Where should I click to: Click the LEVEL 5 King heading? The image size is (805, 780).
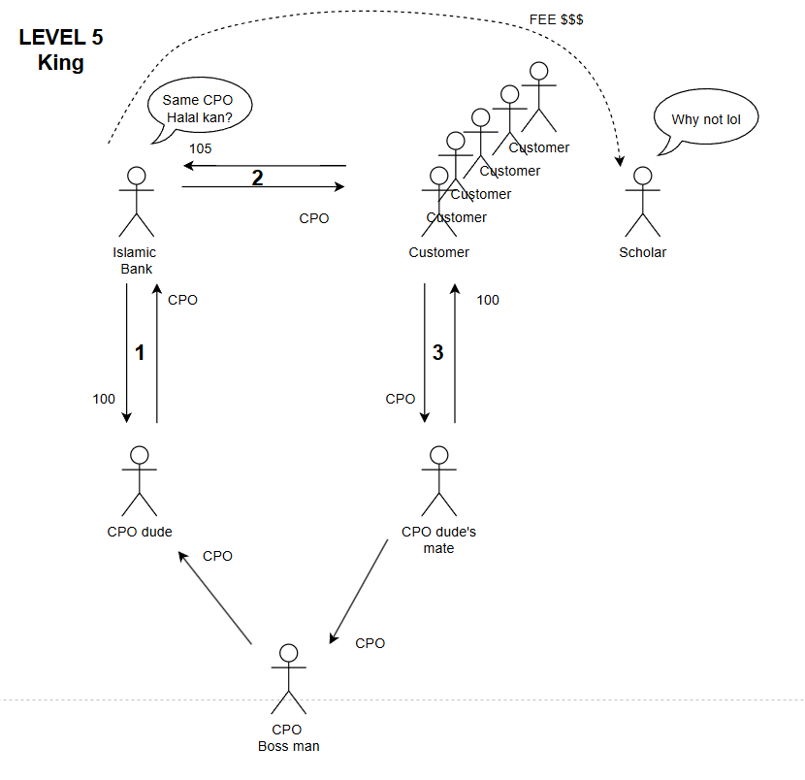coord(60,50)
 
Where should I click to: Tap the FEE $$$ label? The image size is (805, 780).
coord(556,19)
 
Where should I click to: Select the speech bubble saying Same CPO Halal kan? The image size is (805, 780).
coord(199,109)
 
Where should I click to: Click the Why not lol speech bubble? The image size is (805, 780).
coord(705,121)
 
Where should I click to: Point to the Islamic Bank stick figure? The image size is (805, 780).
coord(137,202)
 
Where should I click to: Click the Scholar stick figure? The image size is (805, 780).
coord(642,202)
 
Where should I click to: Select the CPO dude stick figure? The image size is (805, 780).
coord(140,481)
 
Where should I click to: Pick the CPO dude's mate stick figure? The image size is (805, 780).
coord(438,481)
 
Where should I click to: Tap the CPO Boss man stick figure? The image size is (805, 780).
coord(287,678)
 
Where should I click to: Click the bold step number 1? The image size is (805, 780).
coord(140,353)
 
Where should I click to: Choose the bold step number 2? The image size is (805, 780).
coord(257,178)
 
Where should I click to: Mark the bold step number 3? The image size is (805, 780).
coord(437,353)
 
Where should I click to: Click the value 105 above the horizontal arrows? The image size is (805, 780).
coord(201,149)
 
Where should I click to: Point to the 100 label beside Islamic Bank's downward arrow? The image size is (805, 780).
coord(104,399)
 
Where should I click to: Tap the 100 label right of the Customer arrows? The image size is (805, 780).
coord(488,300)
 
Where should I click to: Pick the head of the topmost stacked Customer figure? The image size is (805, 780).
coord(539,71)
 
